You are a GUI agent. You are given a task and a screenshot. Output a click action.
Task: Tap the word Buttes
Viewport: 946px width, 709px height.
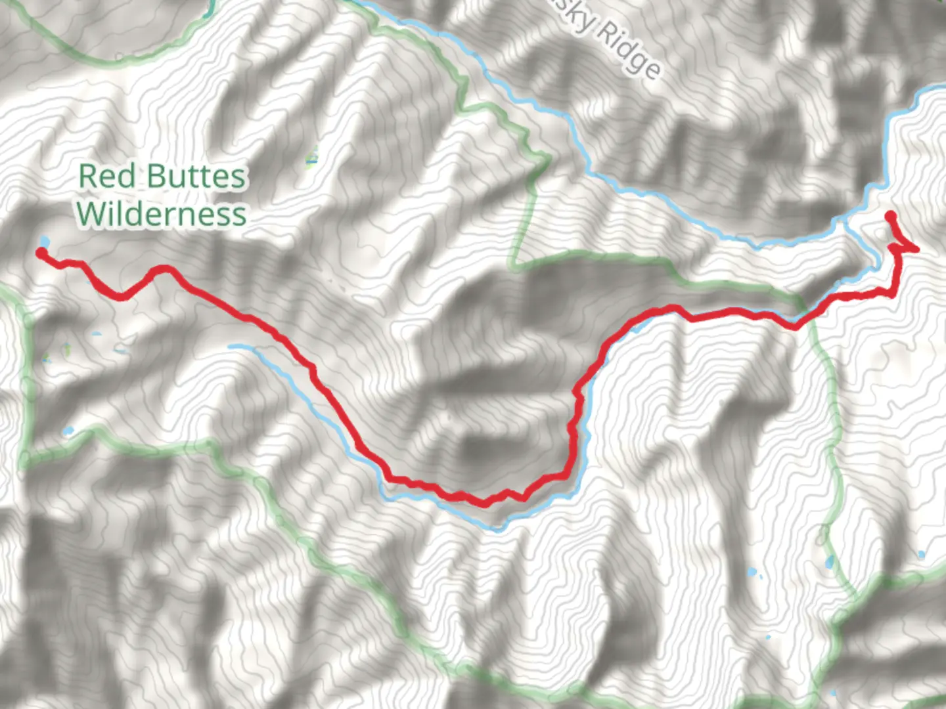[x=196, y=177]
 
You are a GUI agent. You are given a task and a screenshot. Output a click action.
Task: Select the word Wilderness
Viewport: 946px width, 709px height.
[x=162, y=214]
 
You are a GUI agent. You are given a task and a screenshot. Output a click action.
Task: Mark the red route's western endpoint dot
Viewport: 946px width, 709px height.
[x=41, y=253]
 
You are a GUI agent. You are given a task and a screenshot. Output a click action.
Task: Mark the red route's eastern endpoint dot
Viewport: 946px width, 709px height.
[x=890, y=215]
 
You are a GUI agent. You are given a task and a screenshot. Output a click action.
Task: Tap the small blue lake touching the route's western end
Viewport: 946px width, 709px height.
[x=44, y=240]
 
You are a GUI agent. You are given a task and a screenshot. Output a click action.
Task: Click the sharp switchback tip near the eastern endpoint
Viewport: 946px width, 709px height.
[x=916, y=248]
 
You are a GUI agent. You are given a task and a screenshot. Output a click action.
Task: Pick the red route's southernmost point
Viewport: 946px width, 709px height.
[x=485, y=504]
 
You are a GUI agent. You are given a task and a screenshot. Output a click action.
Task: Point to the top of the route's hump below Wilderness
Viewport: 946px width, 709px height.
[x=164, y=268]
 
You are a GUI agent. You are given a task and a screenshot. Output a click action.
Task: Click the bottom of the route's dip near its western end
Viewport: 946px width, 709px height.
[x=121, y=297]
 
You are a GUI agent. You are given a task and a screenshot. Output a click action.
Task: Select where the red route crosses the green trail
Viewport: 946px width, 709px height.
[x=796, y=326]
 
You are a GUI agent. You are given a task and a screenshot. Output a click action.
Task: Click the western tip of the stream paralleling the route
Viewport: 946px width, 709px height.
[x=232, y=346]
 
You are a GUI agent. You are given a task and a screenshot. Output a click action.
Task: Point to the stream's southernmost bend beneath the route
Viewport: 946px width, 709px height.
[x=498, y=528]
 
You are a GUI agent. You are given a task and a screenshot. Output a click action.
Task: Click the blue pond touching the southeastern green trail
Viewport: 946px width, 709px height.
[x=830, y=562]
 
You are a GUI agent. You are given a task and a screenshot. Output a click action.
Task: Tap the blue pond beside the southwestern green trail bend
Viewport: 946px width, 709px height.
[x=68, y=431]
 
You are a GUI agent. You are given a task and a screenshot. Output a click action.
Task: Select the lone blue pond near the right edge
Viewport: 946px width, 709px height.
[x=922, y=555]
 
